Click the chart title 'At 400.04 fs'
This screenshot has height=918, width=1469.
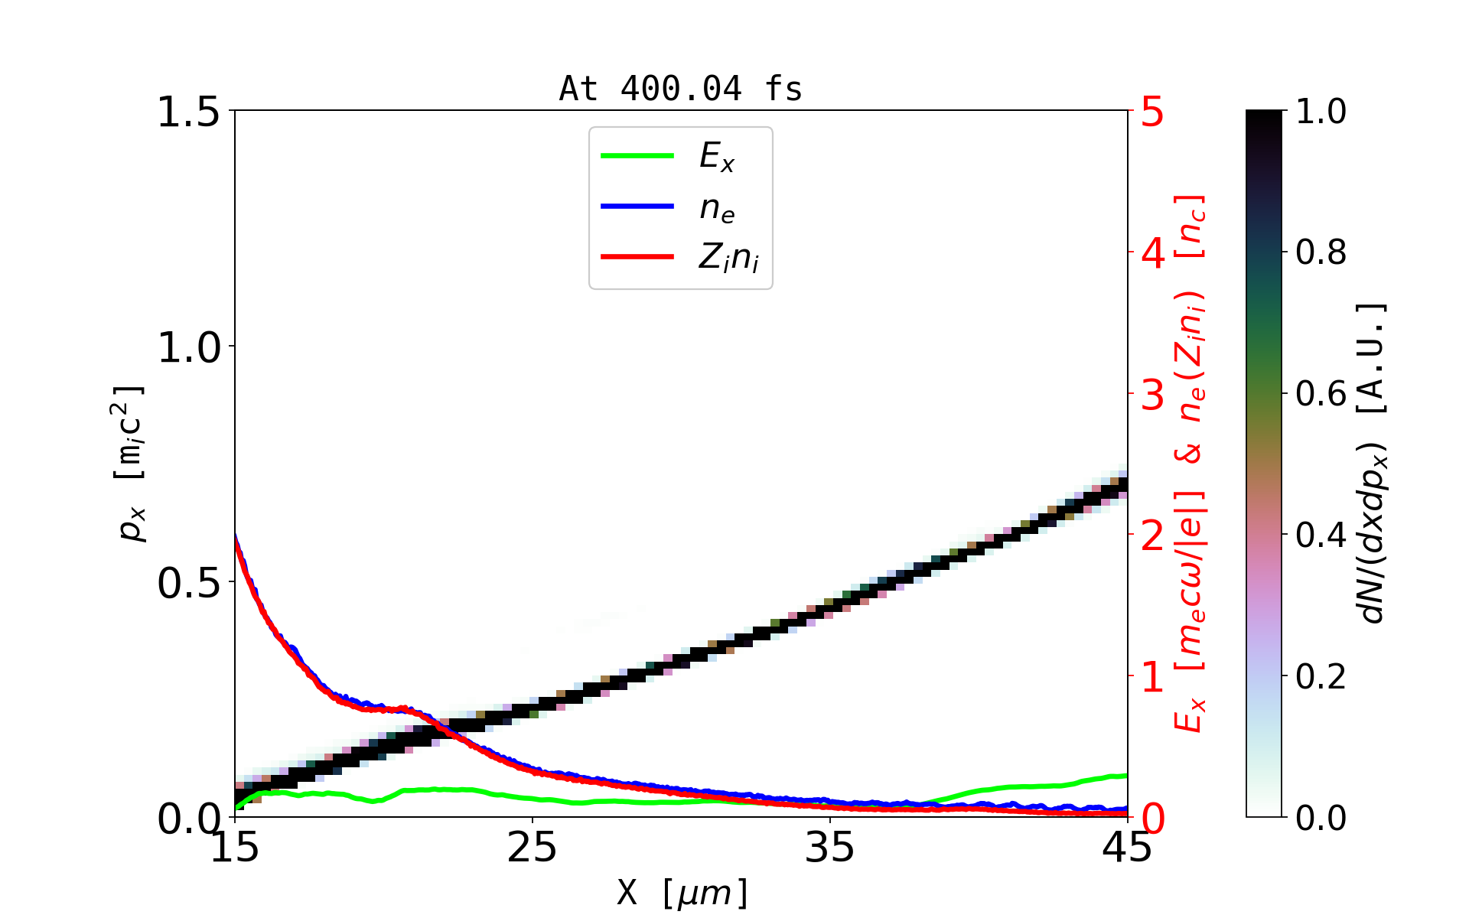click(680, 90)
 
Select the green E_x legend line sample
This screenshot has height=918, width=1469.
click(637, 156)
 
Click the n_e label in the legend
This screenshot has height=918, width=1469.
click(717, 208)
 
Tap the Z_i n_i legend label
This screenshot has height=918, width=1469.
click(728, 258)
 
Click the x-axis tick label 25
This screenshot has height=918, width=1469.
click(533, 848)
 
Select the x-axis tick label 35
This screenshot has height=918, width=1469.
click(830, 848)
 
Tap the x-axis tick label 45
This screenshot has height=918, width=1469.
click(1127, 848)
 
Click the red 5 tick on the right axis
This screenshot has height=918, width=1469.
click(1153, 112)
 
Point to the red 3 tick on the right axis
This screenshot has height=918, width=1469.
click(1153, 395)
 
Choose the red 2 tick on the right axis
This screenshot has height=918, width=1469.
click(1153, 536)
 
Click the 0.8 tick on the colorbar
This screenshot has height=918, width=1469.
click(1321, 252)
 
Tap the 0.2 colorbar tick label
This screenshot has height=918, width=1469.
click(1321, 676)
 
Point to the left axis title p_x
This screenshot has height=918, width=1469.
click(130, 463)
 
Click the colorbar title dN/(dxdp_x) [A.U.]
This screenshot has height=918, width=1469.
click(1373, 463)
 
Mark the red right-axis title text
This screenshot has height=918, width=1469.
click(1191, 463)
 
